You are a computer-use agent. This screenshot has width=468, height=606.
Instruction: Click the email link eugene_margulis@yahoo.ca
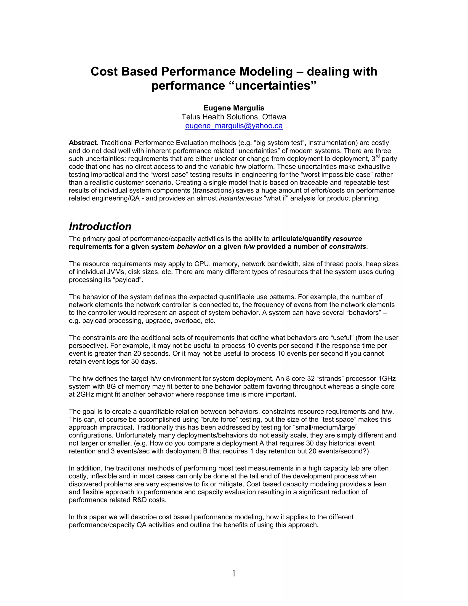(x=234, y=126)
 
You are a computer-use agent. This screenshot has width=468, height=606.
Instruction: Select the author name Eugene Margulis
(x=234, y=108)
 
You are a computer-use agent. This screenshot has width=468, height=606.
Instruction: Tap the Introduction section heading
(x=100, y=226)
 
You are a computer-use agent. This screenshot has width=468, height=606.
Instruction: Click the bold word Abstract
(x=83, y=143)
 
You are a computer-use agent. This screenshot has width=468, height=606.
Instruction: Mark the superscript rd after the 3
(x=378, y=156)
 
